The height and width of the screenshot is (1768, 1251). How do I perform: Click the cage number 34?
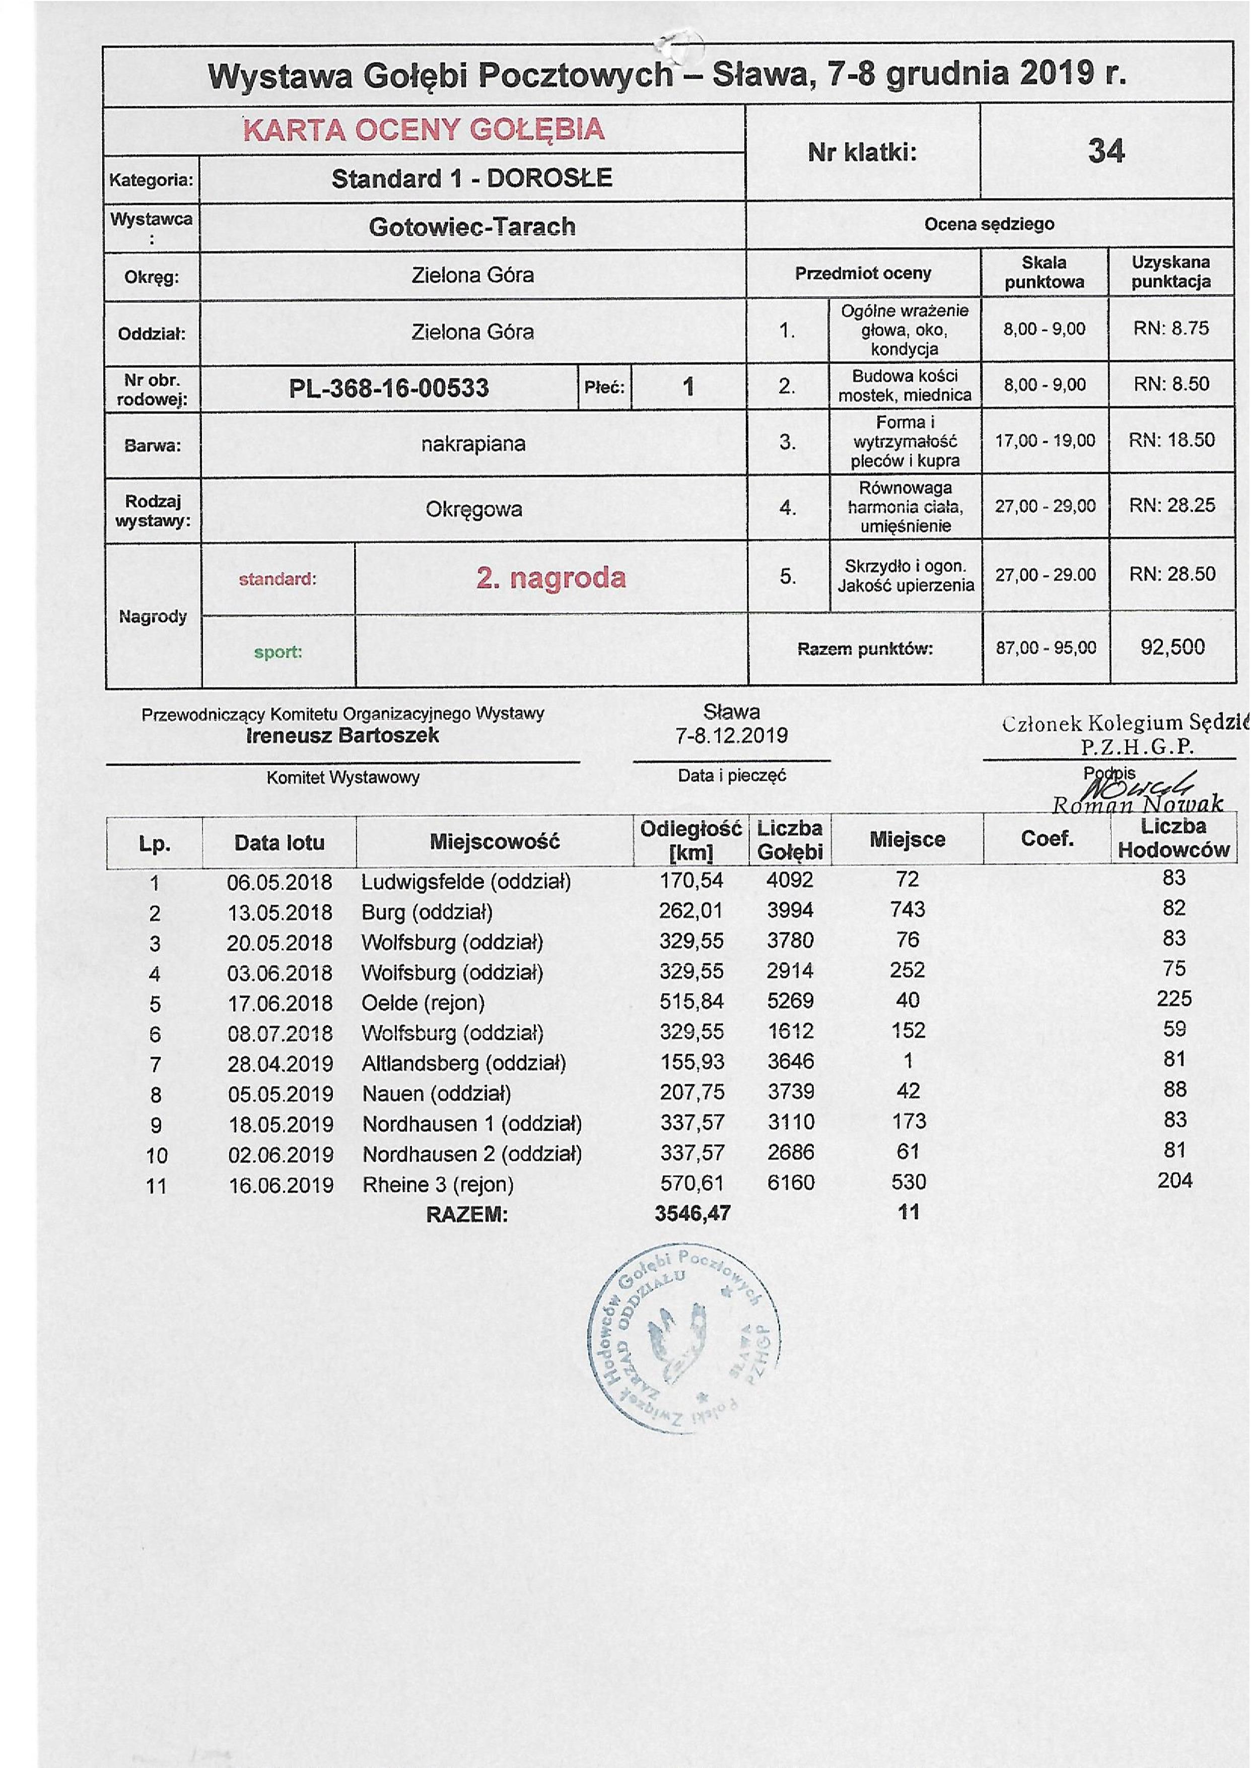[x=1105, y=151]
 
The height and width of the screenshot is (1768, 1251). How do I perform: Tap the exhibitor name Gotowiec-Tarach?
[x=472, y=227]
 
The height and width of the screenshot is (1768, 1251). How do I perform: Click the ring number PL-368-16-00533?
[x=389, y=387]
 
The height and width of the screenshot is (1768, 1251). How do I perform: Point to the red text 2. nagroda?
[x=551, y=577]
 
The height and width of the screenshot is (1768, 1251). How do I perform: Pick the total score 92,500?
[x=1171, y=646]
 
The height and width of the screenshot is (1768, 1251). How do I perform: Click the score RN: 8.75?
[x=1171, y=329]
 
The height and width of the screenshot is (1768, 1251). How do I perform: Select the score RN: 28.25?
[x=1171, y=505]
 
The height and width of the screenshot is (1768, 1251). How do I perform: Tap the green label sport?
[x=278, y=652]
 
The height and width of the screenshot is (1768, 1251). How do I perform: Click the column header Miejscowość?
[x=494, y=841]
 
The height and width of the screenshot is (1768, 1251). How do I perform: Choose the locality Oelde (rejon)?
[x=423, y=1003]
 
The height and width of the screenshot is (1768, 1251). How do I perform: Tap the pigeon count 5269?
[x=790, y=1000]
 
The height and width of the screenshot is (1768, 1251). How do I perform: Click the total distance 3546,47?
[x=692, y=1214]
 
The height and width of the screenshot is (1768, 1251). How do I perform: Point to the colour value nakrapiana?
[x=473, y=444]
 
